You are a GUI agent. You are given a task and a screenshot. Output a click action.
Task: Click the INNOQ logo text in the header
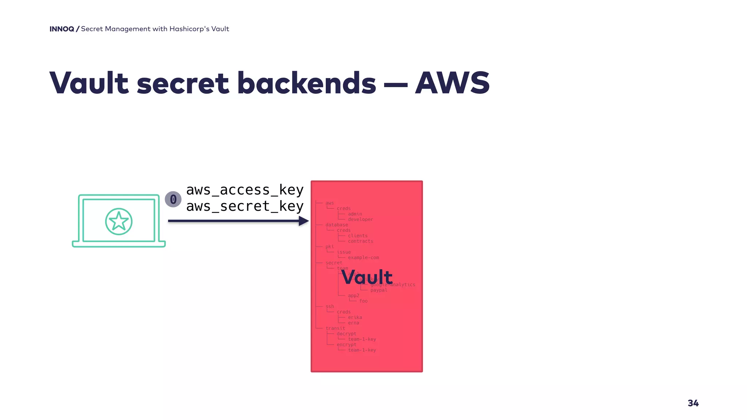[x=62, y=29]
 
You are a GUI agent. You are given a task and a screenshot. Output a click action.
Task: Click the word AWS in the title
[x=452, y=83]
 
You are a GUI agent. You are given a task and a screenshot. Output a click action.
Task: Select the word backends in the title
[x=306, y=83]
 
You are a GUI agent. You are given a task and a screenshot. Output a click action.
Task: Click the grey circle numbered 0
[x=173, y=199]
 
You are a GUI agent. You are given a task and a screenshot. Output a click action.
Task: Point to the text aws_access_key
[x=245, y=190]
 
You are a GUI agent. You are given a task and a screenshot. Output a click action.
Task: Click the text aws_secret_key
[x=245, y=206]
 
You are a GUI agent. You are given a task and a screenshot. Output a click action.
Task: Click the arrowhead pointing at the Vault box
[x=303, y=221]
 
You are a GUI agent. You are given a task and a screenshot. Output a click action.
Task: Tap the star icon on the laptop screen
[x=119, y=221]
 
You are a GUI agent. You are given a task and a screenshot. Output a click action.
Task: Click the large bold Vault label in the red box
[x=367, y=277]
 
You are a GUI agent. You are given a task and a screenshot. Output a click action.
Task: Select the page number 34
[x=693, y=403]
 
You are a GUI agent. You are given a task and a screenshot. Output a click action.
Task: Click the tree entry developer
[x=360, y=219]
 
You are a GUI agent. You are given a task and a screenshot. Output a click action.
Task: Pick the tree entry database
[x=337, y=225]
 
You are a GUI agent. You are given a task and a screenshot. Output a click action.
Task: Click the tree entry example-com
[x=363, y=257]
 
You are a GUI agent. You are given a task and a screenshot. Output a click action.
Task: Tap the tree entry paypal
[x=379, y=290]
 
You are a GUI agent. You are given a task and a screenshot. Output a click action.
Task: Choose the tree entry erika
[x=355, y=317]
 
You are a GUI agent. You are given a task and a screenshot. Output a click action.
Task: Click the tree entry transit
[x=335, y=328]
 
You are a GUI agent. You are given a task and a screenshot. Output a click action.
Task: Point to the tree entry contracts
[x=360, y=241]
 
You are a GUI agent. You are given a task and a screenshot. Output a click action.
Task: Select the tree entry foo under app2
[x=363, y=301]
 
